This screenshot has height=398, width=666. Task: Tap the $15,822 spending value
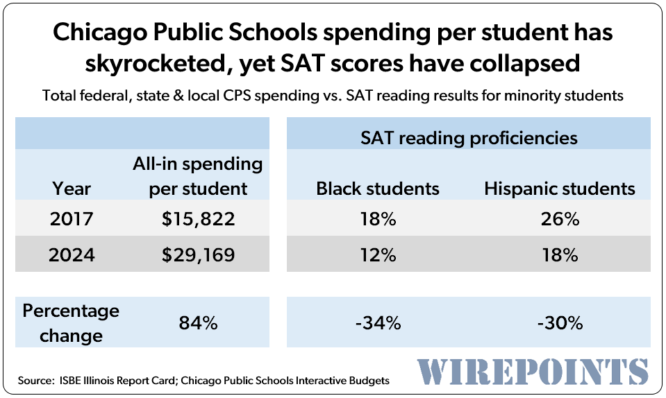198,220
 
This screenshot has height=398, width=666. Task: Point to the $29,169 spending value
198,254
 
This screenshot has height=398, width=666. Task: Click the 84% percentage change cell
198,322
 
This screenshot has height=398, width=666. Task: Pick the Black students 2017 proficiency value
378,220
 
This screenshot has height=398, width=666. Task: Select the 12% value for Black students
378,254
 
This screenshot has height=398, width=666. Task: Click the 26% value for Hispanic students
560,220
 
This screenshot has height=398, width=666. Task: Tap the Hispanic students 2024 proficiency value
560,254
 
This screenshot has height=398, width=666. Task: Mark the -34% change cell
378,322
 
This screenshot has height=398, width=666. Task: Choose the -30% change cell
560,322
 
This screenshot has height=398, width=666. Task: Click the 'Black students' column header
378,188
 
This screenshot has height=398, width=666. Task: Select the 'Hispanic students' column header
560,188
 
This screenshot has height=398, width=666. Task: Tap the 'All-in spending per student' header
198,176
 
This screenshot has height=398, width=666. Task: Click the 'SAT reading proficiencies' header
469,137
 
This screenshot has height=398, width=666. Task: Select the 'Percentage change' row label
71,322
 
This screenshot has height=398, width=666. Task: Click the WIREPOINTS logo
533,372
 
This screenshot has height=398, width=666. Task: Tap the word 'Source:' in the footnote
36,380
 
